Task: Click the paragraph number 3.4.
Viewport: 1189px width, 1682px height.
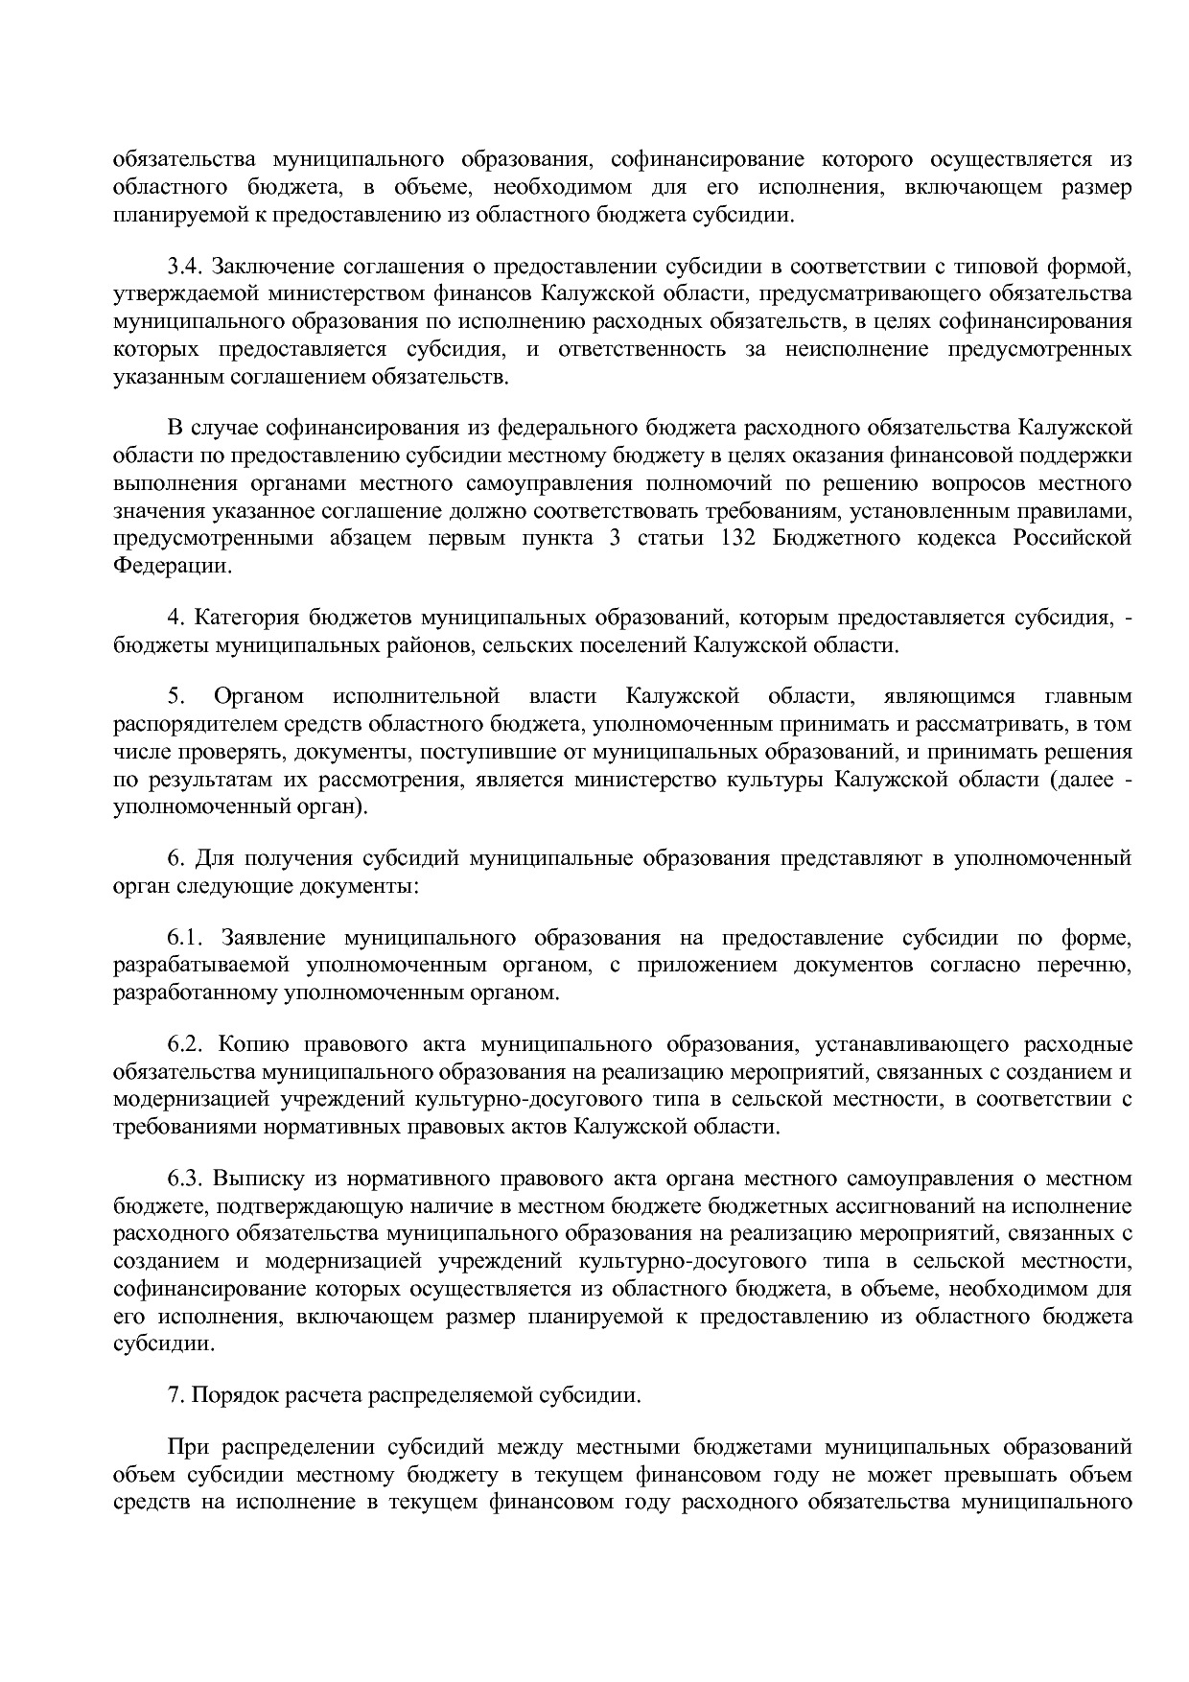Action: pyautogui.click(x=185, y=265)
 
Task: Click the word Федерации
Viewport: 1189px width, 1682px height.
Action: pyautogui.click(x=172, y=566)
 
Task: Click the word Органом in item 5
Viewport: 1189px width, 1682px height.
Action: pyautogui.click(x=259, y=696)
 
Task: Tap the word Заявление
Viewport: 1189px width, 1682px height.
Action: pyautogui.click(x=274, y=937)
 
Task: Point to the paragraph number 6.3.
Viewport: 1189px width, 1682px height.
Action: pyautogui.click(x=185, y=1178)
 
